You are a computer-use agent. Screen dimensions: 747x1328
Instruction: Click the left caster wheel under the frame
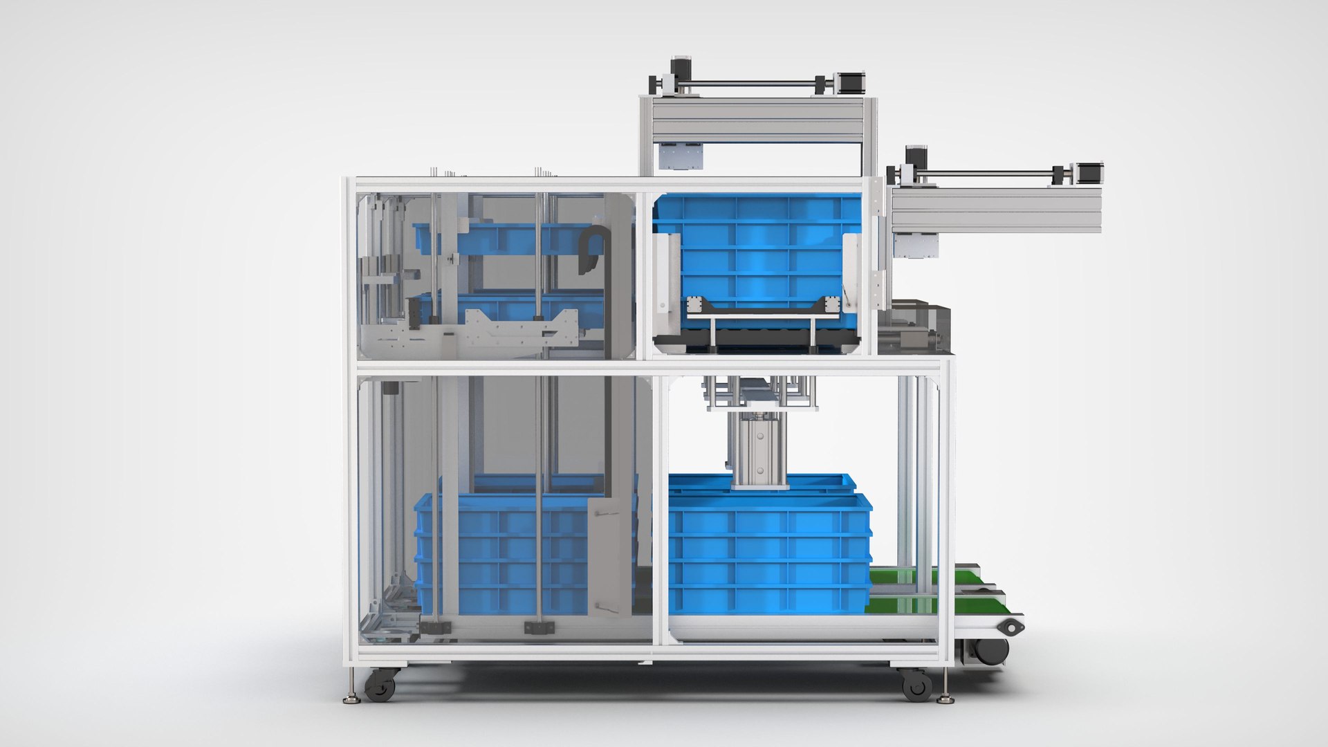click(380, 685)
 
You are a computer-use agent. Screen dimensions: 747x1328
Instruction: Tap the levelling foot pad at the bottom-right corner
click(946, 700)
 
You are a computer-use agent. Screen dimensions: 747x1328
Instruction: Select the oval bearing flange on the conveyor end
click(1011, 627)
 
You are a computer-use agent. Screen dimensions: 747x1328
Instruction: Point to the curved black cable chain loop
click(593, 249)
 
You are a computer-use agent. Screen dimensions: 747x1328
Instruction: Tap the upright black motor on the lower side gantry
click(916, 156)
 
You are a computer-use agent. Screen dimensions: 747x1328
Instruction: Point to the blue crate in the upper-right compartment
click(757, 252)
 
